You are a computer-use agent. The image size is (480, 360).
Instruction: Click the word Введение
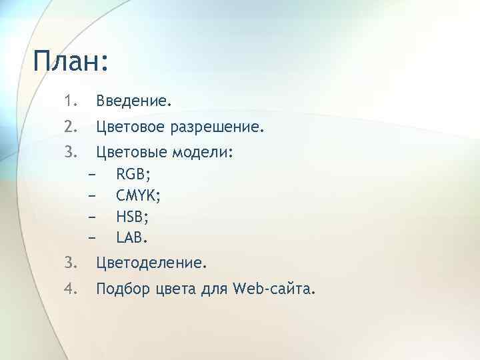coord(133,102)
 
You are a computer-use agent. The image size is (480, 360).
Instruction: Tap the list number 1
coord(71,102)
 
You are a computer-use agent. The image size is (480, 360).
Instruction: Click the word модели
coord(203,153)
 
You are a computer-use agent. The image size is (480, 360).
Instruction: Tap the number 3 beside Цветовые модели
coord(71,153)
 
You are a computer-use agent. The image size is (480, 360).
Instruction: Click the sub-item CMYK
coord(137,196)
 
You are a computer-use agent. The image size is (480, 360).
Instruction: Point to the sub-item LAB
coord(132,237)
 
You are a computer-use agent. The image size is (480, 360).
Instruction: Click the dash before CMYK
coord(91,196)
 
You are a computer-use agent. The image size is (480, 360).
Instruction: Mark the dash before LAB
coord(91,237)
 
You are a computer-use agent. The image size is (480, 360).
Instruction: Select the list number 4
coord(71,289)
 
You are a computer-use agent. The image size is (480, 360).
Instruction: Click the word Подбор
coord(123,289)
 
